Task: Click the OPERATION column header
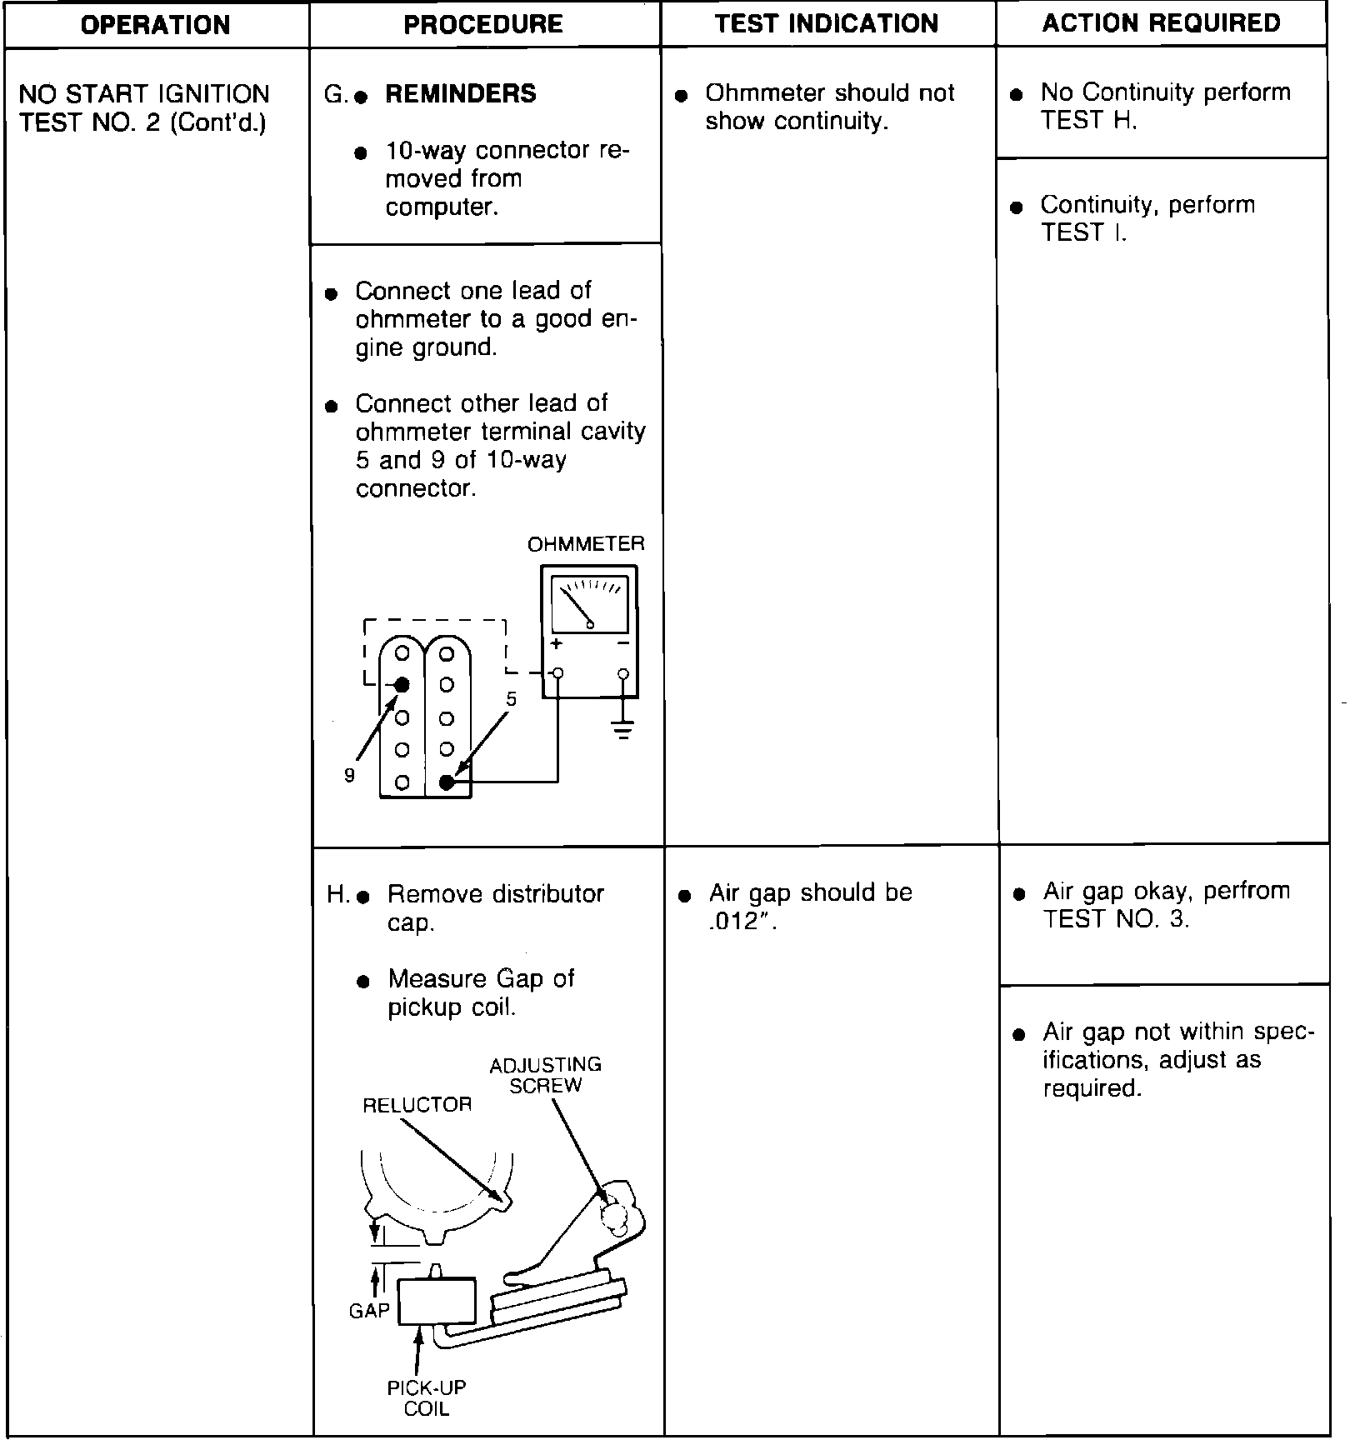[156, 25]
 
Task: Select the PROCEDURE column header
[483, 24]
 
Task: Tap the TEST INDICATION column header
[827, 23]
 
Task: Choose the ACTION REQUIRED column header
[1161, 22]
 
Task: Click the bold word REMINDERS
[461, 93]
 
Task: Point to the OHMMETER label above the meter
[586, 544]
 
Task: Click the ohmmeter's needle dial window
[589, 604]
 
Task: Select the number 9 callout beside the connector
[350, 776]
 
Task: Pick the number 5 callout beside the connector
[512, 699]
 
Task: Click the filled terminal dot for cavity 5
[447, 782]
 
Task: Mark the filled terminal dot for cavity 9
[402, 685]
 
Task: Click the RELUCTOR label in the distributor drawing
[417, 1105]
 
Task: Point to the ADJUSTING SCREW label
[545, 1075]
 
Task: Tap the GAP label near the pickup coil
[369, 1311]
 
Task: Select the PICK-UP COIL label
[426, 1398]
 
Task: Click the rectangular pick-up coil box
[437, 1301]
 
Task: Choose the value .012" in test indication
[742, 922]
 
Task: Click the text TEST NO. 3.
[1116, 919]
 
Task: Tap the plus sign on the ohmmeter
[556, 644]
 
